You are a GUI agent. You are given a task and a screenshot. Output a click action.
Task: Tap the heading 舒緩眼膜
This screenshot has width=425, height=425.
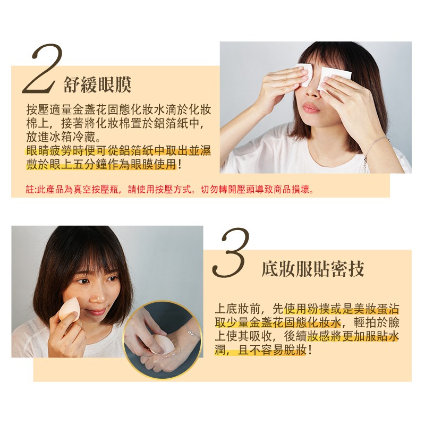tap(98, 85)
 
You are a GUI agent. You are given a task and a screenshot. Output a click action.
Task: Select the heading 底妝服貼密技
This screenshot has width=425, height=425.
tap(313, 269)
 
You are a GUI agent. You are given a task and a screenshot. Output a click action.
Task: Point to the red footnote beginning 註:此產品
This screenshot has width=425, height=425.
tap(170, 190)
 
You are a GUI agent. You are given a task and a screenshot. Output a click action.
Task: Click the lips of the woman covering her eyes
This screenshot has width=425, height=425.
tap(311, 108)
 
